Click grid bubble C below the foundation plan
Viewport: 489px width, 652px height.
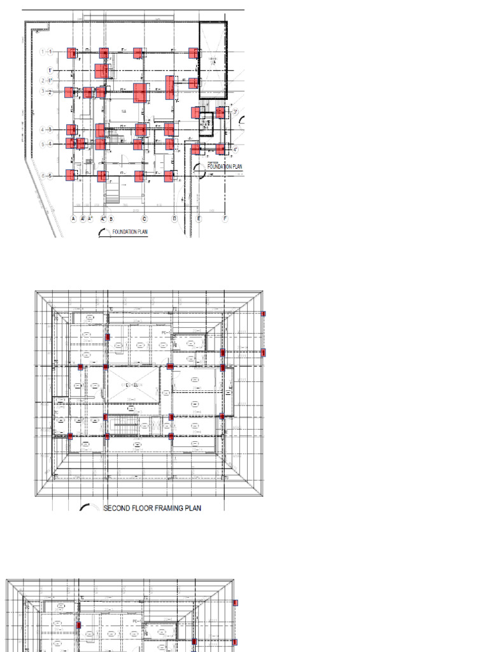(x=144, y=218)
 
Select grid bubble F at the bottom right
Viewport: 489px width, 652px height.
(x=225, y=218)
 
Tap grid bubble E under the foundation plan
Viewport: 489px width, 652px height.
(x=199, y=218)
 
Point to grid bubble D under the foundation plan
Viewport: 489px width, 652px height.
(x=174, y=218)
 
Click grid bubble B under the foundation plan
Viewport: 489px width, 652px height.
(x=111, y=218)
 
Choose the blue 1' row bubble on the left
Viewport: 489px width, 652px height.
(x=50, y=70)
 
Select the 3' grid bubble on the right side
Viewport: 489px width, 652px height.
(x=235, y=113)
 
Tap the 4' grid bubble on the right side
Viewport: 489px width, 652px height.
(x=235, y=150)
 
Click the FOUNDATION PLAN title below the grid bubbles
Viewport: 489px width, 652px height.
(x=130, y=232)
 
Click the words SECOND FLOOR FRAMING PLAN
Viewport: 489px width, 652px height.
(x=152, y=508)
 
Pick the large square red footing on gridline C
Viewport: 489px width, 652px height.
(x=141, y=93)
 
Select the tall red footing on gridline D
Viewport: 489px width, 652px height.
(x=170, y=88)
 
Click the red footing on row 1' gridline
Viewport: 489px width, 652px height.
(x=102, y=71)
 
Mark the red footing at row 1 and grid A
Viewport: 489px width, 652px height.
(x=72, y=53)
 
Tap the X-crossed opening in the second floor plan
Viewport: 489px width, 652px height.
(x=132, y=386)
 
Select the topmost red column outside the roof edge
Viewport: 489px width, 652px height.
(x=263, y=313)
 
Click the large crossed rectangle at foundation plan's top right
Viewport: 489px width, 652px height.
(x=213, y=60)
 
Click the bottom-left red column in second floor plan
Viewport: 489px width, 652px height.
(x=70, y=436)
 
